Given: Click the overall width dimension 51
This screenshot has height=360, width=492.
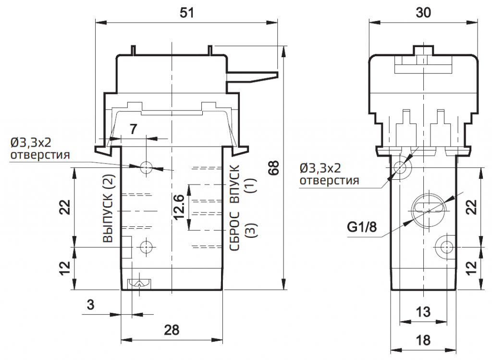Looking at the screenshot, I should [186, 13].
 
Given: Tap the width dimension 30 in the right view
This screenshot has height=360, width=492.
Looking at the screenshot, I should [423, 13].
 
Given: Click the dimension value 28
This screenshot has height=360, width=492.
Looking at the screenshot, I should [172, 330].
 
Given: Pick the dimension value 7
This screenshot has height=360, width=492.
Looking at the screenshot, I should [134, 128].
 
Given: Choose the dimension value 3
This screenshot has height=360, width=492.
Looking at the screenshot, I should [90, 305].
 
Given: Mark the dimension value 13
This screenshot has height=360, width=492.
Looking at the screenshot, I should [423, 311].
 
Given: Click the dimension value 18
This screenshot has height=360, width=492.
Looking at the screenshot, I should [423, 340].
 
